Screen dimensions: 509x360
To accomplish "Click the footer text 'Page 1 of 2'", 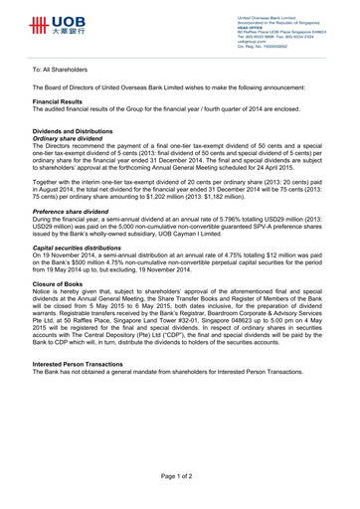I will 179,478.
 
